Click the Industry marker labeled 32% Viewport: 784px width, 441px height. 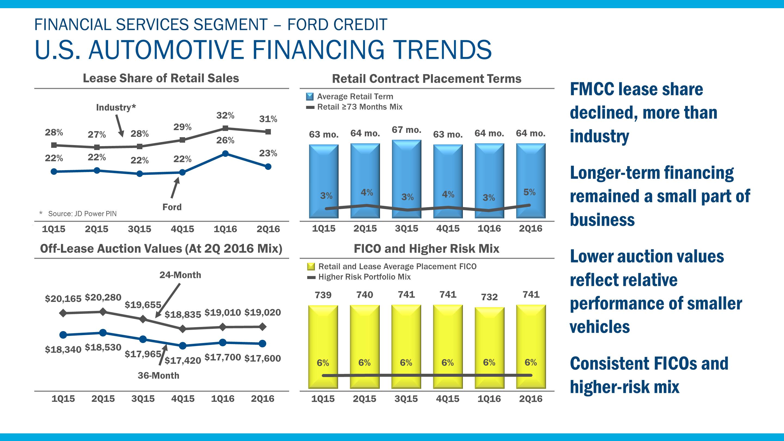(x=225, y=128)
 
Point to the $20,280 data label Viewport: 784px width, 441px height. (x=103, y=297)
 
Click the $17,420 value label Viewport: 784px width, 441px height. (x=183, y=361)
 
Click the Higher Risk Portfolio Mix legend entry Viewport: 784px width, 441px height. (x=364, y=277)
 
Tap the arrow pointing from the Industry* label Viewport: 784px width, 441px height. (x=119, y=125)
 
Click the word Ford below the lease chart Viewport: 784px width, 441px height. (x=172, y=207)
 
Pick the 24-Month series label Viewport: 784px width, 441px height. (x=180, y=275)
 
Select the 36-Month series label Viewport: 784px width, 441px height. (x=158, y=376)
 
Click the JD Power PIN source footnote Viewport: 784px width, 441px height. (x=82, y=214)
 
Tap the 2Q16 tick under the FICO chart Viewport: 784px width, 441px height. (x=531, y=399)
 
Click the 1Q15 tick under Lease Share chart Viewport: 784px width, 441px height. (x=54, y=229)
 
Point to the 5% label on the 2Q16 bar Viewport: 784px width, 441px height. (x=529, y=192)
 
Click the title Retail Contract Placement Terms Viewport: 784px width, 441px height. (x=426, y=79)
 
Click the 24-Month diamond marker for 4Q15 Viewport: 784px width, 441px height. (x=183, y=329)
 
